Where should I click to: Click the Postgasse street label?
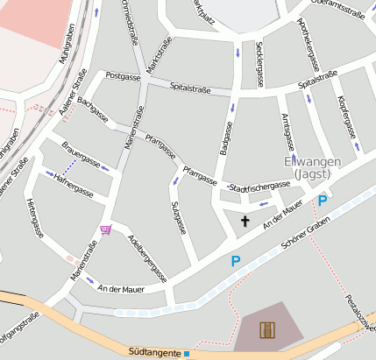pos(123,77)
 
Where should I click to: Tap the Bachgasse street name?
pos(93,109)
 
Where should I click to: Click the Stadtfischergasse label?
pos(259,187)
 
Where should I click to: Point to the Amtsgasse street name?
pos(287,131)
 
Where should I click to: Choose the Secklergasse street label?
pos(259,63)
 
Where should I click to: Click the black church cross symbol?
pos(245,221)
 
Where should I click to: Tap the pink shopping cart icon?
pos(106,229)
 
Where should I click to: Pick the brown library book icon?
pos(268,330)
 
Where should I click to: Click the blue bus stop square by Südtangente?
pos(187,354)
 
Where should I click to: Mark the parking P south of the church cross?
pos(235,260)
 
